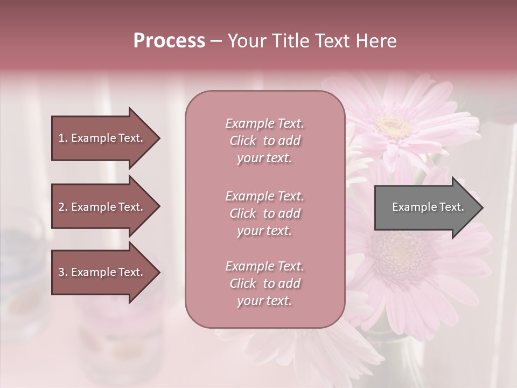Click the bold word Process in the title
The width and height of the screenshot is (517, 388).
pos(169,41)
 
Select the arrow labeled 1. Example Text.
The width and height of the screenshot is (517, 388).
pos(102,138)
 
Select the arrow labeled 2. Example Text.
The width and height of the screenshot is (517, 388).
pos(102,207)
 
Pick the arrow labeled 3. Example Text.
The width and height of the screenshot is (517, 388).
pos(102,272)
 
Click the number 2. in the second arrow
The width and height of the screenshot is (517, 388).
pos(63,207)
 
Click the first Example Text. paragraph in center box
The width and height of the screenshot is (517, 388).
pos(264,141)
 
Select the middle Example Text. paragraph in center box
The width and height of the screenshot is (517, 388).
pos(264,213)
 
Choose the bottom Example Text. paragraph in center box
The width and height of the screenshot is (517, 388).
pos(264,283)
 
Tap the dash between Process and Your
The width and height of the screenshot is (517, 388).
pos(216,41)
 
